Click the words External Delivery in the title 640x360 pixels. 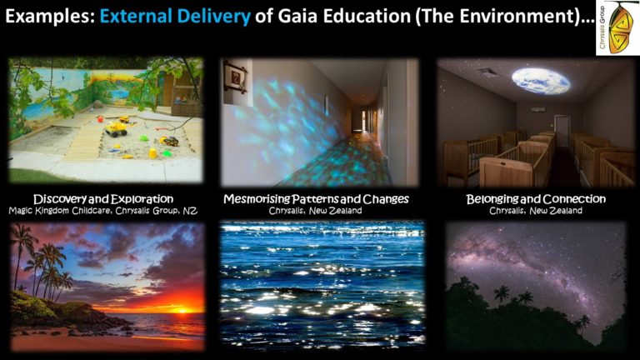[175, 17]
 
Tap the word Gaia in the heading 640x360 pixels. [296, 17]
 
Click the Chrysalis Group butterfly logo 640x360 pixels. [617, 27]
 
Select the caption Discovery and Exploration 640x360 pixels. [103, 199]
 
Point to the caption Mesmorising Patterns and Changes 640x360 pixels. [316, 199]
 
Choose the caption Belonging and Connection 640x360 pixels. [536, 199]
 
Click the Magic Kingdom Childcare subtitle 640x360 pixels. [102, 211]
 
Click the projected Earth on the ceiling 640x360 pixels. [540, 81]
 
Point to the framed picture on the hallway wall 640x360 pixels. [236, 77]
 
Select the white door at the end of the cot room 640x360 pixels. [562, 131]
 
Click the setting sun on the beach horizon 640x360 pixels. [182, 310]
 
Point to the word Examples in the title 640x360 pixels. [50, 17]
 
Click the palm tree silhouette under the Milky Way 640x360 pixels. [501, 294]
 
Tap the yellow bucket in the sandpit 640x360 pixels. [152, 153]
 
